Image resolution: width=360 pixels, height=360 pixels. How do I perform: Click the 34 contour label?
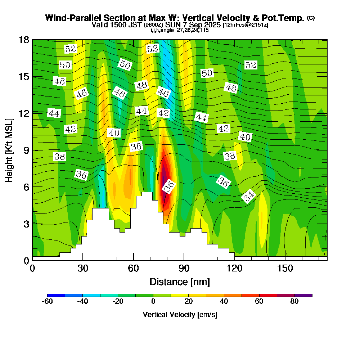coord(248,197)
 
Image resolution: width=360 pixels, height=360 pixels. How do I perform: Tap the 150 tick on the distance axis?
coord(285,268)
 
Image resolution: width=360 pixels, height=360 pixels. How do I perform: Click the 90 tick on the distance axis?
coord(184,268)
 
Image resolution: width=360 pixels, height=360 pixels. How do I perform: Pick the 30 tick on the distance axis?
coord(83,268)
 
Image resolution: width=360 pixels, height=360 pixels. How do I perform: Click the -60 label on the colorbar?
coord(48,302)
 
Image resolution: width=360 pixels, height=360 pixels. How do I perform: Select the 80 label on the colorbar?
coord(294,302)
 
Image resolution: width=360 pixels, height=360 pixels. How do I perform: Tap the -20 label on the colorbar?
coord(118,302)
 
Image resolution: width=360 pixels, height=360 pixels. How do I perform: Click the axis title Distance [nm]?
coord(180,281)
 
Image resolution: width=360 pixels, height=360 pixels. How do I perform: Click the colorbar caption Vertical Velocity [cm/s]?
coord(180,315)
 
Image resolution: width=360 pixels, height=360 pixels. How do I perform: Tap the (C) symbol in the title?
coord(311,18)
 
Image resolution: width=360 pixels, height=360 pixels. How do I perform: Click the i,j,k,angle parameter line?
coord(180,30)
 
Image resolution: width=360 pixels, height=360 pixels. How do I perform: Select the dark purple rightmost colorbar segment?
coord(303,295)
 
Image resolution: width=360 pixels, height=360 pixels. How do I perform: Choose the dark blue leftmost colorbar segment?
coord(56,295)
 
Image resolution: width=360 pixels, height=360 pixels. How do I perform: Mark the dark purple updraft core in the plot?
coord(164,175)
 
